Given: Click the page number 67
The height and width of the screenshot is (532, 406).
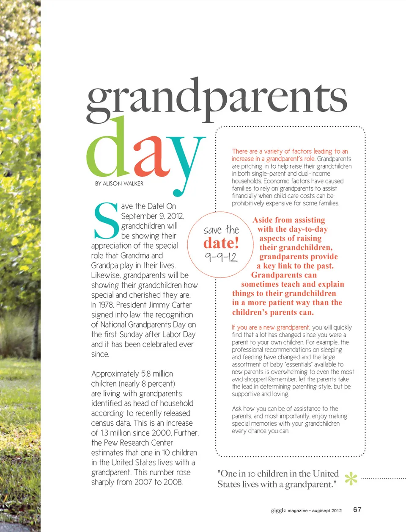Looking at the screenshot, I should (x=357, y=510).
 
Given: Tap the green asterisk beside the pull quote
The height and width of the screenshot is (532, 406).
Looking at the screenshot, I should (x=351, y=479).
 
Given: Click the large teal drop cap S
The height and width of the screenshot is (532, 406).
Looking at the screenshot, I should (x=106, y=221).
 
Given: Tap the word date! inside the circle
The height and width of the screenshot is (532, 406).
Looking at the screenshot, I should (x=221, y=243).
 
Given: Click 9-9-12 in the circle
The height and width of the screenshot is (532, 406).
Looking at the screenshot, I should (x=221, y=257).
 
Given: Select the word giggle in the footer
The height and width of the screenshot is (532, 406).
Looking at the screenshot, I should (x=279, y=510).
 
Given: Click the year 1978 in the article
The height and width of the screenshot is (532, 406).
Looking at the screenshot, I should (x=106, y=305).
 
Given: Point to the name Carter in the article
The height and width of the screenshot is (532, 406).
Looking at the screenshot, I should (x=181, y=305).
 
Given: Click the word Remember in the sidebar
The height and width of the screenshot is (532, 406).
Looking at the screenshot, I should (x=282, y=380).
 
